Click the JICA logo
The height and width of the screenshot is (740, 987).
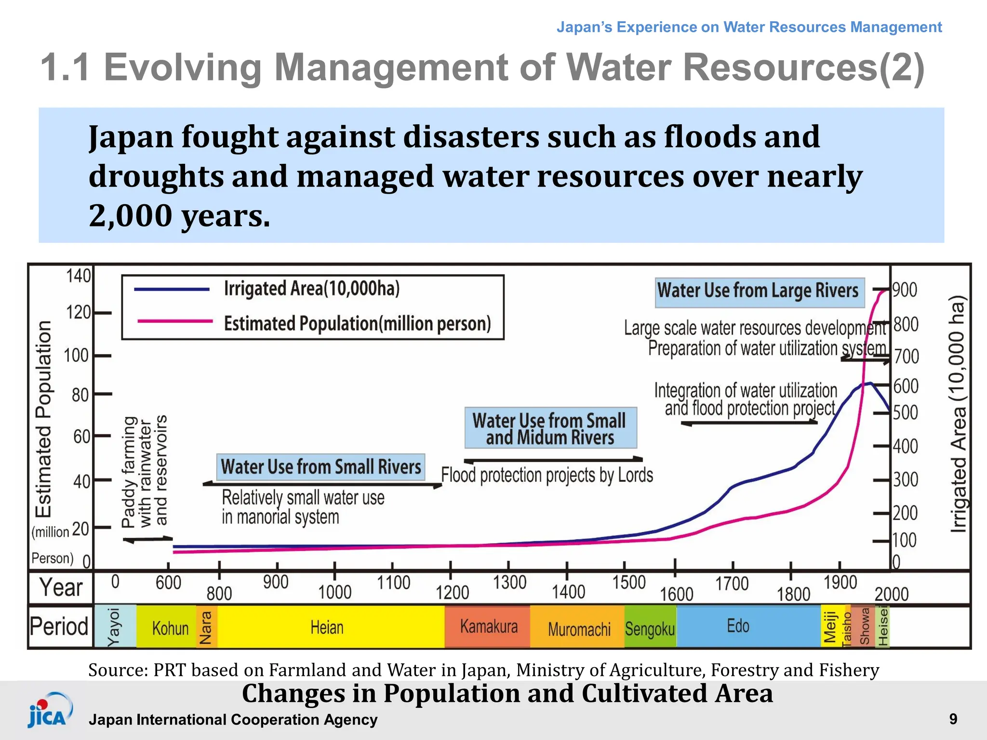[x=50, y=711]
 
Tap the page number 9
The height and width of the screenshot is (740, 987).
[x=953, y=719]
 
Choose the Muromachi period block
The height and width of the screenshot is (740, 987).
[x=578, y=629]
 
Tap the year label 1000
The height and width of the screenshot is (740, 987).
[x=334, y=592]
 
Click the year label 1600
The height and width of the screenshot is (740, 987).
[x=676, y=594]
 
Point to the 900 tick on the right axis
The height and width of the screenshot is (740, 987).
[x=905, y=290]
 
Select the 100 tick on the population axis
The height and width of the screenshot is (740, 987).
[x=76, y=356]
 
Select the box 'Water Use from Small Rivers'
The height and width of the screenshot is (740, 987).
[x=320, y=467]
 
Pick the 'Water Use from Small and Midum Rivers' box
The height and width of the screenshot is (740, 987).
[x=550, y=428]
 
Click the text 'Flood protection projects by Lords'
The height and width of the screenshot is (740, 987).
[x=547, y=476]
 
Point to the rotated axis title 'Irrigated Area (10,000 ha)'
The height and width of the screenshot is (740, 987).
[x=958, y=414]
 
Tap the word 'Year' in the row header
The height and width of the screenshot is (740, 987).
[x=61, y=587]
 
